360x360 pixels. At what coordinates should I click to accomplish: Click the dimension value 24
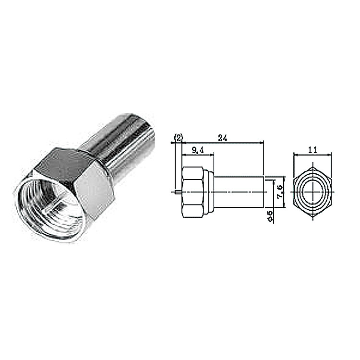click(x=222, y=138)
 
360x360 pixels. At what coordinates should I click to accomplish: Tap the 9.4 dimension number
click(x=198, y=150)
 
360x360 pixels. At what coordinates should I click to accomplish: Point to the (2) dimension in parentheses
click(x=179, y=138)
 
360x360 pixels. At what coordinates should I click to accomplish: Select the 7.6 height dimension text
click(x=280, y=192)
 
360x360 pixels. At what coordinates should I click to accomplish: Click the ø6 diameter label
click(x=270, y=216)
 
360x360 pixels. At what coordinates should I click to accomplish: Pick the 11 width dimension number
click(x=312, y=150)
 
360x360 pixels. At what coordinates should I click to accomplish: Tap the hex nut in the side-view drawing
click(x=193, y=192)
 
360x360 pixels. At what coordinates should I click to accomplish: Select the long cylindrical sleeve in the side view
click(x=239, y=192)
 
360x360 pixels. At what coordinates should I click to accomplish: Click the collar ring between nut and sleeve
click(x=208, y=192)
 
